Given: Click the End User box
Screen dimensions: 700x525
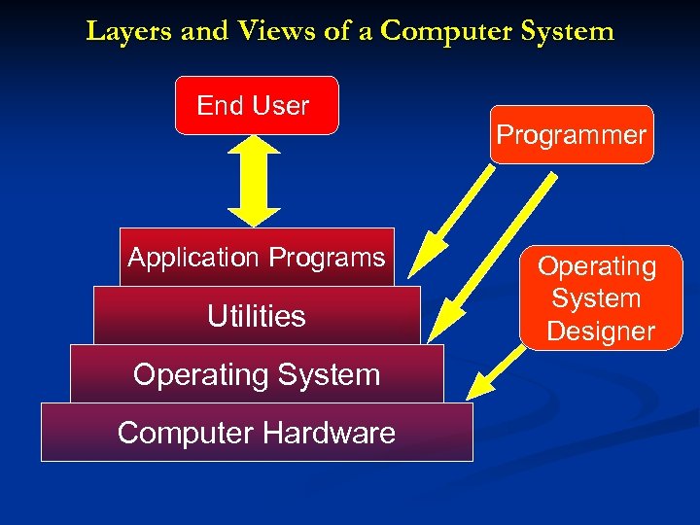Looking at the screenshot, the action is click(257, 105).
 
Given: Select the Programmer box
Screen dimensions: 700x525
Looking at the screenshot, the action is click(571, 135).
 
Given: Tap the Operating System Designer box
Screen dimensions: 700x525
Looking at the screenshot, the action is click(598, 298).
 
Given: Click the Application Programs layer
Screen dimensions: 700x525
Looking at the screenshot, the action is click(257, 258).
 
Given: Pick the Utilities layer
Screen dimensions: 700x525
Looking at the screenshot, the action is click(257, 316).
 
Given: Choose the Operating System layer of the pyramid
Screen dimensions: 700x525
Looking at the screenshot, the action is click(257, 374).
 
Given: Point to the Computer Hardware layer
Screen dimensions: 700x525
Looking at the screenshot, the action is click(257, 433).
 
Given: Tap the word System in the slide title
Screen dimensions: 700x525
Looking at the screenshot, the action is click(569, 31).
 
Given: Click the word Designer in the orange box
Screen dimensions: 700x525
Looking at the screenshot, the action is click(600, 332).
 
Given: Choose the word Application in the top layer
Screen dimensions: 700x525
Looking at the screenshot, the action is click(194, 258).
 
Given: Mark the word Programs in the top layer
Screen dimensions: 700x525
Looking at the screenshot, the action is click(328, 258).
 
